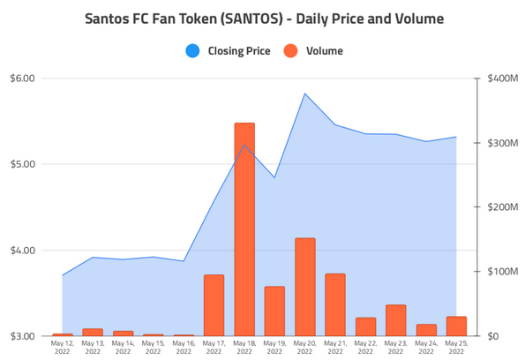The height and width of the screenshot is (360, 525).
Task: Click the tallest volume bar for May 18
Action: click(244, 229)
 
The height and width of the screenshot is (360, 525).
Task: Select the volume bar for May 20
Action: click(304, 287)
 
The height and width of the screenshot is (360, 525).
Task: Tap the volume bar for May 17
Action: click(214, 305)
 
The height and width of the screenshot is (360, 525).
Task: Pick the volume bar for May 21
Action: click(334, 304)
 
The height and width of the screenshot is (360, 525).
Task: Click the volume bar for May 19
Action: click(274, 311)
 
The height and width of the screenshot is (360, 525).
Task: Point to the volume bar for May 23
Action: click(395, 320)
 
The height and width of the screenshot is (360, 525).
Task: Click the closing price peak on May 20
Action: click(304, 94)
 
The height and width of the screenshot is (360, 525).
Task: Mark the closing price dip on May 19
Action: click(274, 177)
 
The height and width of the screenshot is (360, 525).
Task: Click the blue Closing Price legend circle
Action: click(192, 50)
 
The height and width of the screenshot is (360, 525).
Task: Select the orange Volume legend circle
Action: click(291, 50)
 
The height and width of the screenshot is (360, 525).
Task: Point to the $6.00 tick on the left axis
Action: click(21, 79)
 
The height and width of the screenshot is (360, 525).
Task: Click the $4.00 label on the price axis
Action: click(21, 251)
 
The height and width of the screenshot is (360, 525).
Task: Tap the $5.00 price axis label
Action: click(21, 164)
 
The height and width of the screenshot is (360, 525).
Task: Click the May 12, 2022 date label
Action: click(63, 347)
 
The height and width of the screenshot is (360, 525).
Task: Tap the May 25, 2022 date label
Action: click(456, 347)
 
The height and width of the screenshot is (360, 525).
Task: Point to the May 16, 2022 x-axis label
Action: click(184, 347)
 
